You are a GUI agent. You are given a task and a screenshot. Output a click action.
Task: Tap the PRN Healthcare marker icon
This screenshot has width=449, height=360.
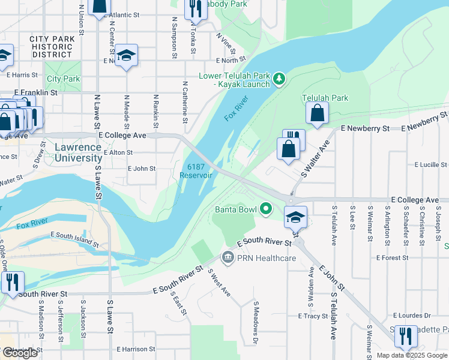[228, 258]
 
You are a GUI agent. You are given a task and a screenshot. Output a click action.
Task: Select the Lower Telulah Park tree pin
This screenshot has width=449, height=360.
[279, 79]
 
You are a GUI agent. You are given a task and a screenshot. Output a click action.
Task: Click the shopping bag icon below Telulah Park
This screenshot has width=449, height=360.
[316, 112]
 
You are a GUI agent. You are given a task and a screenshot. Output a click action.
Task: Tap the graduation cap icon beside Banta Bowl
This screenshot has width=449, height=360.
[295, 217]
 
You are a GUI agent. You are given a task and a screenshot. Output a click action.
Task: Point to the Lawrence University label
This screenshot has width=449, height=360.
[77, 153]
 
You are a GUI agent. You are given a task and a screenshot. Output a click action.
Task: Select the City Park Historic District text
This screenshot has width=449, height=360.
[52, 47]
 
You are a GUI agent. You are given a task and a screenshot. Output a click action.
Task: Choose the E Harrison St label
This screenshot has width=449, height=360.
[136, 349]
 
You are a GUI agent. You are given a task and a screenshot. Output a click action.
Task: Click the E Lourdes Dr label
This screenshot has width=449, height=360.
[411, 315]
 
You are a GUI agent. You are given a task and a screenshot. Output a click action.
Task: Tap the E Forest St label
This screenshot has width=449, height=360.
[392, 257]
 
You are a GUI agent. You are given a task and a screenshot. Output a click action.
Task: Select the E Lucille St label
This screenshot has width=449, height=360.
[430, 164]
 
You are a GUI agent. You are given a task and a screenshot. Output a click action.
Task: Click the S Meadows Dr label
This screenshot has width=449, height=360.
[256, 323]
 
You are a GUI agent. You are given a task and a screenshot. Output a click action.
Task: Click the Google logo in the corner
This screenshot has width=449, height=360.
[20, 353]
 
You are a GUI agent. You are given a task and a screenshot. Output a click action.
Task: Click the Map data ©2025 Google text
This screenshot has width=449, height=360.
[411, 355]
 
